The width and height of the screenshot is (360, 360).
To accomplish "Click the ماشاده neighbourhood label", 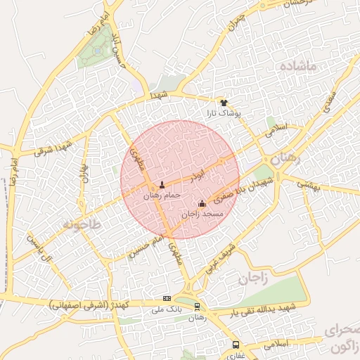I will click(308, 65).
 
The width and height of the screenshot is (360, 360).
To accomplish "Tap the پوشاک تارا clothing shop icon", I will click(224, 103).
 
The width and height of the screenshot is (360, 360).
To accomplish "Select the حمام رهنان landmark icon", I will click(162, 184).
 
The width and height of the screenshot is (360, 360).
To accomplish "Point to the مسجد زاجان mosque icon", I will click(202, 203).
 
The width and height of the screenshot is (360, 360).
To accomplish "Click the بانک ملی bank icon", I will click(167, 298).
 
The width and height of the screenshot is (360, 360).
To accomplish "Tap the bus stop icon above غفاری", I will click(236, 345).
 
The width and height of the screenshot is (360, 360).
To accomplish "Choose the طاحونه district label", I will click(82, 224).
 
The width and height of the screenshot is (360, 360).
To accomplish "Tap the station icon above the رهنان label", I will click(197, 306).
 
